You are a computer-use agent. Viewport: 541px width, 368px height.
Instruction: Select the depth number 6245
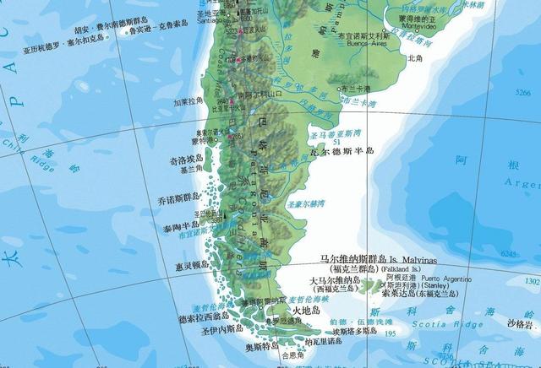tap(508, 253)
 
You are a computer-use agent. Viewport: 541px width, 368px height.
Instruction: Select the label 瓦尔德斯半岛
tap(342, 151)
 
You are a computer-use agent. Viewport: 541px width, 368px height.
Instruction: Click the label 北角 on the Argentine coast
tap(414, 58)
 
